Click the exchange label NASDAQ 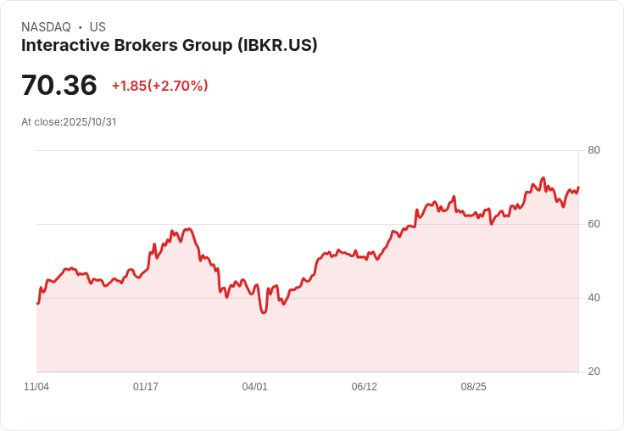pyautogui.click(x=46, y=27)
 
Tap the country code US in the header pyautogui.click(x=97, y=27)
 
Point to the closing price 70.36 pyautogui.click(x=59, y=86)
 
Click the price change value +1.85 pyautogui.click(x=129, y=86)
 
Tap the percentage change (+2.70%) pyautogui.click(x=178, y=86)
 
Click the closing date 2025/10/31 pyautogui.click(x=89, y=122)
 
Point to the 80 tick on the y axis pyautogui.click(x=593, y=150)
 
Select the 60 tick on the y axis pyautogui.click(x=593, y=224)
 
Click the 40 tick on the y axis pyautogui.click(x=593, y=298)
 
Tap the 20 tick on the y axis pyautogui.click(x=593, y=372)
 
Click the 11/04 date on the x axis pyautogui.click(x=36, y=387)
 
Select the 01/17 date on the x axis pyautogui.click(x=146, y=387)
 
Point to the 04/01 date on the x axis pyautogui.click(x=255, y=387)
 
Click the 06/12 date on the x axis pyautogui.click(x=365, y=387)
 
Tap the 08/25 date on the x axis pyautogui.click(x=473, y=387)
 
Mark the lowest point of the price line pyautogui.click(x=264, y=313)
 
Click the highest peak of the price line pyautogui.click(x=543, y=178)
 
